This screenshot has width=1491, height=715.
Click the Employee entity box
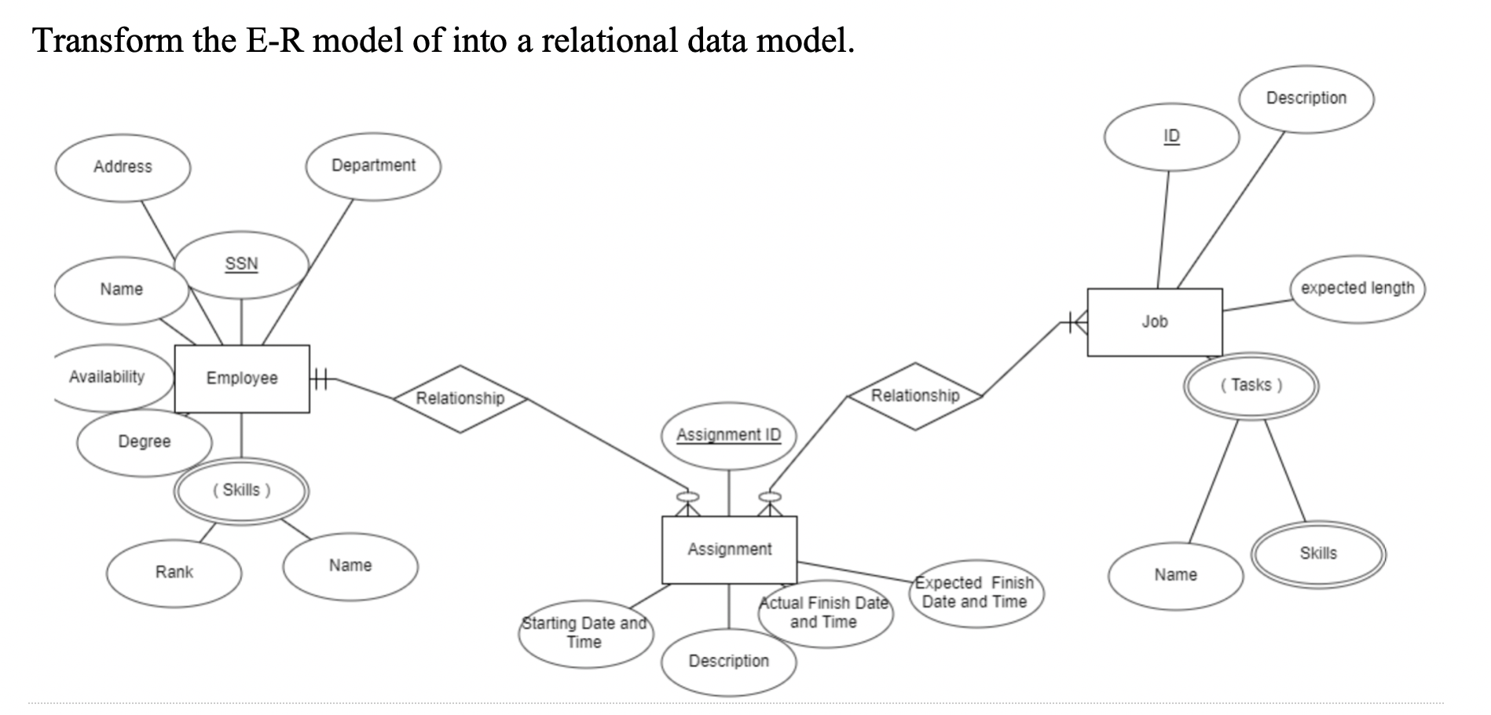tap(241, 379)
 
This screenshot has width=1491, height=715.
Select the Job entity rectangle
tap(1154, 322)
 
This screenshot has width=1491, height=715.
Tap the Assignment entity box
tap(729, 550)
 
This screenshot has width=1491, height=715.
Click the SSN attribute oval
tap(241, 265)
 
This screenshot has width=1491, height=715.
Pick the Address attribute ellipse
tap(123, 167)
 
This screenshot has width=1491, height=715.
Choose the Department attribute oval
tap(373, 166)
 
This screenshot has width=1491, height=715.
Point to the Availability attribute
tap(108, 378)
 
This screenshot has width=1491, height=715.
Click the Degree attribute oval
tap(145, 442)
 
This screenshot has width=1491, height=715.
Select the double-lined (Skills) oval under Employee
tap(241, 491)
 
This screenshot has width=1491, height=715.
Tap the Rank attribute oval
tap(174, 573)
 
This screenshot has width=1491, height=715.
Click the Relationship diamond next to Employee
tap(460, 398)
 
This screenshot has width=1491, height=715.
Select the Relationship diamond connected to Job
tap(915, 396)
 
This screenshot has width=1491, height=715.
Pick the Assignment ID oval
tap(728, 435)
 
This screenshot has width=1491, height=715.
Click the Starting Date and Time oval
tap(584, 633)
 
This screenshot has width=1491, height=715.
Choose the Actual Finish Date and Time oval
tap(824, 614)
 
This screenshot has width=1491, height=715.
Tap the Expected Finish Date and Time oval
tap(975, 593)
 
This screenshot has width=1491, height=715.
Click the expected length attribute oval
tap(1357, 288)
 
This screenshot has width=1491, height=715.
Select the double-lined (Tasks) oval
tap(1251, 386)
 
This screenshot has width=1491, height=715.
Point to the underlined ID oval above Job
tap(1171, 137)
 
